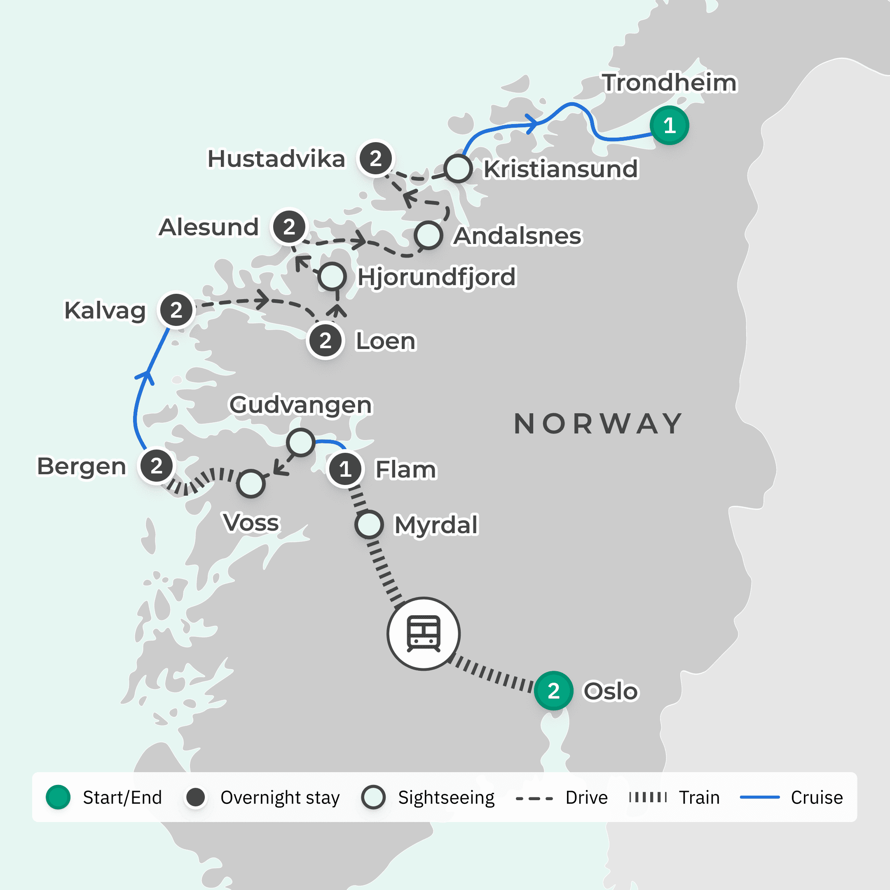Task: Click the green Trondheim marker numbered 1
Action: (x=669, y=125)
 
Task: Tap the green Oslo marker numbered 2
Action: (x=553, y=691)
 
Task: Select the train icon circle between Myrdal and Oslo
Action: (x=423, y=633)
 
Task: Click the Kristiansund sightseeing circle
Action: (x=458, y=169)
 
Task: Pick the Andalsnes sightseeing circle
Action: (x=429, y=235)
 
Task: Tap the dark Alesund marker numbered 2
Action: (x=289, y=227)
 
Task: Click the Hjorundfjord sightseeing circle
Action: (x=332, y=276)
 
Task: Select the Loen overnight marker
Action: (x=325, y=341)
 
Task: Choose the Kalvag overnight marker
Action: (x=176, y=310)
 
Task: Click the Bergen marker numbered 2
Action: (x=157, y=466)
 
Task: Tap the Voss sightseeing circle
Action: (x=251, y=484)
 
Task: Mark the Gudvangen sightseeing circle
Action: (x=301, y=442)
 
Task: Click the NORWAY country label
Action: (x=598, y=424)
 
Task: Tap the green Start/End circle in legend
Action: (x=58, y=797)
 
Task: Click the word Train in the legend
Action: (x=699, y=797)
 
